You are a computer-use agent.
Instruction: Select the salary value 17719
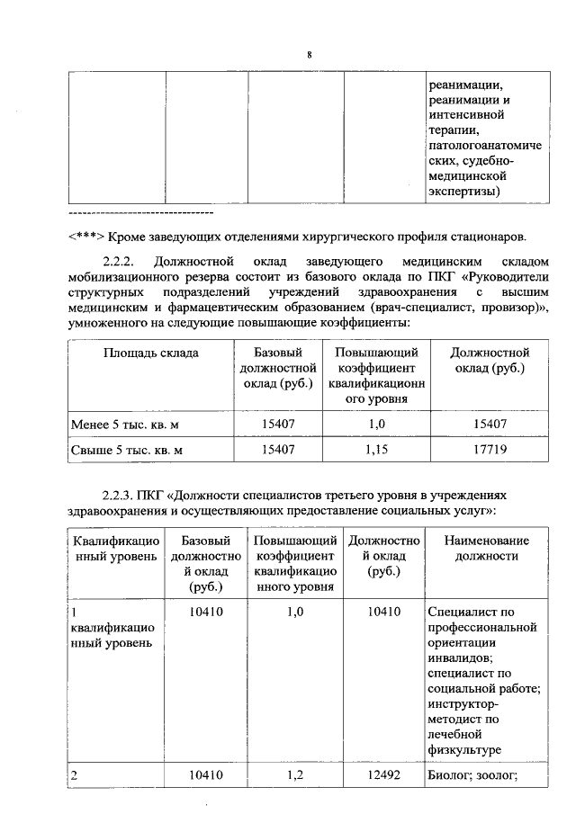489,447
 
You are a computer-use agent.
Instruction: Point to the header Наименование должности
487,548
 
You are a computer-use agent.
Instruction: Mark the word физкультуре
465,750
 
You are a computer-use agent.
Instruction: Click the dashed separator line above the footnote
140,213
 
